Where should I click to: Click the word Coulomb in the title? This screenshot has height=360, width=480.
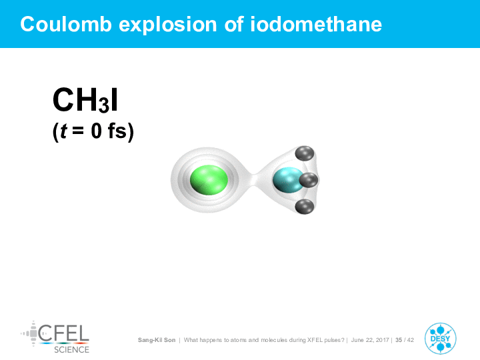tap(66, 24)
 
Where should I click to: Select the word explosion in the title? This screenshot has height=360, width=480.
tap(168, 25)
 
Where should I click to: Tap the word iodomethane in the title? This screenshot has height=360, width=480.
tap(316, 24)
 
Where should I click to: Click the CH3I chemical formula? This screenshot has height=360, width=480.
tap(85, 101)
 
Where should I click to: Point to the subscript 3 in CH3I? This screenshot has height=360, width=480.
tap(104, 105)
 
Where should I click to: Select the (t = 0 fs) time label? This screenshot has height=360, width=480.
tap(93, 131)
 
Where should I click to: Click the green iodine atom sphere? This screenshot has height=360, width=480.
tap(209, 180)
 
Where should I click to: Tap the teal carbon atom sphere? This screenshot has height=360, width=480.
tap(287, 180)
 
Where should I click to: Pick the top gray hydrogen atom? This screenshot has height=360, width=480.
tap(305, 153)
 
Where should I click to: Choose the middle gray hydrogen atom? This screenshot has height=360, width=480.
tap(309, 180)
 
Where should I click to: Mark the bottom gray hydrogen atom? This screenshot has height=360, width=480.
tap(305, 206)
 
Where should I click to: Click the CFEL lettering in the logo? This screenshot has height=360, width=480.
tap(64, 333)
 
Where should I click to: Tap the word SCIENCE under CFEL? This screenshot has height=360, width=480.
tap(71, 350)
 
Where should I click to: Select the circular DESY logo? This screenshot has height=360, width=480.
tap(440, 339)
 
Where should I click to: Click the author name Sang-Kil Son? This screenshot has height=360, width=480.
tap(157, 340)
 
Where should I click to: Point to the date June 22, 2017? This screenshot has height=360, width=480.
tap(370, 340)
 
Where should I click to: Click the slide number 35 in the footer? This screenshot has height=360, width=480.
tap(399, 340)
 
